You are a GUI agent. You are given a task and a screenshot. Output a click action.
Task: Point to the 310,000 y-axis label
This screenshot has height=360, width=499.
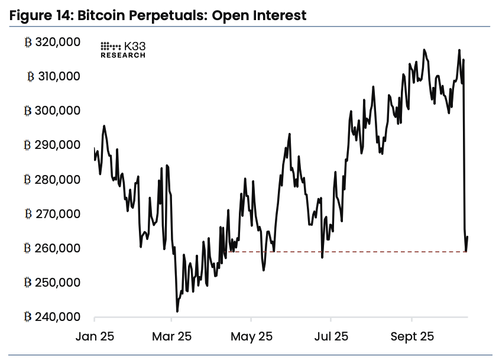(60, 76)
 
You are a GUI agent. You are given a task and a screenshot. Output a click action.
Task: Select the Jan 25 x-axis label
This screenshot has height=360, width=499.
(95, 336)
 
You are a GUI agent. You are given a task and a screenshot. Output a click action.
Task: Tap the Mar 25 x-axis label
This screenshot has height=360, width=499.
(171, 336)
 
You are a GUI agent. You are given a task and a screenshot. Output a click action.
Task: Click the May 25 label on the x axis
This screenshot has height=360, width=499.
(251, 336)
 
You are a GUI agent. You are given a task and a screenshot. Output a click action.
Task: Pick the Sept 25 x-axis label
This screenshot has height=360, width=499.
(412, 336)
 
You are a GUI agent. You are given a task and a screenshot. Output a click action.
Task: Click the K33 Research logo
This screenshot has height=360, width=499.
(122, 50)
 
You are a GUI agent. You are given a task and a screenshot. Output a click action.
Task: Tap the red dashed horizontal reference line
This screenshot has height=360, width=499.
(355, 252)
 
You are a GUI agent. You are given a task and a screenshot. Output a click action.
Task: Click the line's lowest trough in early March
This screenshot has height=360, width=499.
(177, 311)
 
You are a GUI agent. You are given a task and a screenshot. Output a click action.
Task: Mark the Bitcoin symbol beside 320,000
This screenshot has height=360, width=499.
(27, 42)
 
